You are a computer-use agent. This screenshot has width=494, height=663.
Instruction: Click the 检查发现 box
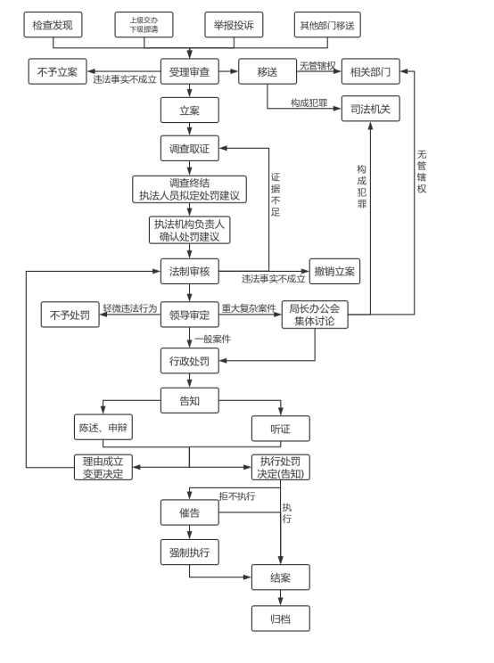(x=53, y=25)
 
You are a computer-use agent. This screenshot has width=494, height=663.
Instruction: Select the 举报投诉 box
(x=234, y=25)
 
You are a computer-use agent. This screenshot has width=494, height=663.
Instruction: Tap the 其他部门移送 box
(x=327, y=25)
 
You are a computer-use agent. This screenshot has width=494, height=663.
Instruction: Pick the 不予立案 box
(x=58, y=71)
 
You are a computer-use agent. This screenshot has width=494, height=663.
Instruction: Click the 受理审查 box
(x=189, y=71)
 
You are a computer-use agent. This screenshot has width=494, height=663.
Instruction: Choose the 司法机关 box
(x=371, y=109)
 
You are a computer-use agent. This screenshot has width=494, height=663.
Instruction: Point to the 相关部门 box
(x=371, y=71)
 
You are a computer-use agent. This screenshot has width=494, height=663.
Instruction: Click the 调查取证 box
(x=189, y=149)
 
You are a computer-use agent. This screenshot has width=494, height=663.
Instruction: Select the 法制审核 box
(x=189, y=271)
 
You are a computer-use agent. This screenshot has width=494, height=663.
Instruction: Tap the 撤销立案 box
(x=334, y=271)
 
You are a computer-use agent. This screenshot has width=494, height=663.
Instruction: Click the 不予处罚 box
(x=70, y=315)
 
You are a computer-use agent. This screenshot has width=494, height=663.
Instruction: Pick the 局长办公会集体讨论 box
(x=315, y=315)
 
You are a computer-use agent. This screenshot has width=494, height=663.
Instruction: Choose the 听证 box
(x=280, y=429)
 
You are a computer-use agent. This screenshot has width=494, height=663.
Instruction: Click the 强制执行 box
(x=189, y=552)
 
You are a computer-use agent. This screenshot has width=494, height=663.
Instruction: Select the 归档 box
(x=280, y=618)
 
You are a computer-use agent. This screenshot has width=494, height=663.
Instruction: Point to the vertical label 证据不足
(x=276, y=194)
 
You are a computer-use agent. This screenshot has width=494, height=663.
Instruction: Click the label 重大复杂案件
(x=249, y=308)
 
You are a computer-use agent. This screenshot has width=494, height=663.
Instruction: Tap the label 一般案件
(x=213, y=339)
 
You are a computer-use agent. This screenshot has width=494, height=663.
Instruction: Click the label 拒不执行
(x=237, y=496)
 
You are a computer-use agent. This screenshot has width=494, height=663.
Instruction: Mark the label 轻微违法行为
(x=130, y=308)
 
